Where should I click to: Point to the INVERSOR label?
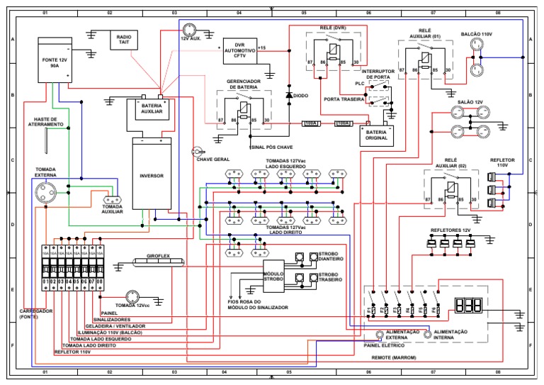(152, 176)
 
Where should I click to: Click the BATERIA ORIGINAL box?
(376, 135)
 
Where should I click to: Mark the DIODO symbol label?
(301, 95)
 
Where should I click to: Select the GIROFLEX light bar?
(157, 262)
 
